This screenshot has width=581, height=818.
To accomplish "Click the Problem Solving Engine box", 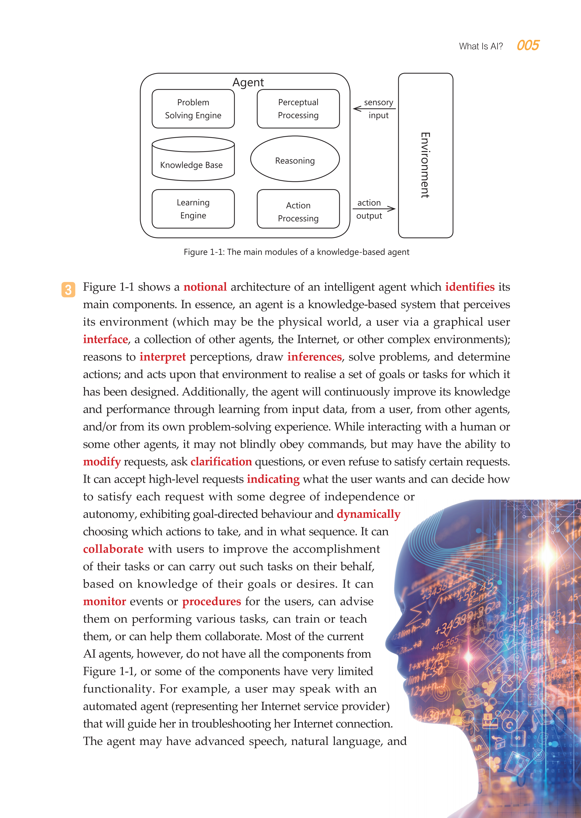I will pos(193,109).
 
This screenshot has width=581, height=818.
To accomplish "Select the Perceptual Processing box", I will pos(298,109).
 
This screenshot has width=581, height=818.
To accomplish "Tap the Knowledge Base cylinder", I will pos(193,159).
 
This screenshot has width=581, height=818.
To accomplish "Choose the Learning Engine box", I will pos(193,209).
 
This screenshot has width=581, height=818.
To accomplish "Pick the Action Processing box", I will pos(298,209).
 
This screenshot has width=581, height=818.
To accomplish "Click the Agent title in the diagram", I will pos(248,82).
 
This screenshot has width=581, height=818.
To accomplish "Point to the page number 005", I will pos(528,45).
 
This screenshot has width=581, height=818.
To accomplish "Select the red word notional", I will pos(205,287).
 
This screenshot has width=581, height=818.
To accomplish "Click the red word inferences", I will pos(314,357).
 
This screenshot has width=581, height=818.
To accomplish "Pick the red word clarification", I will pos(221,462).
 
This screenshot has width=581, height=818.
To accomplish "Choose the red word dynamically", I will pos(368,514).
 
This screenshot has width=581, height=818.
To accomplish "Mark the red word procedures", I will pos(211,602).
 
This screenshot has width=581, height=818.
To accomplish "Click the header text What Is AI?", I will pos(481,46).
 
